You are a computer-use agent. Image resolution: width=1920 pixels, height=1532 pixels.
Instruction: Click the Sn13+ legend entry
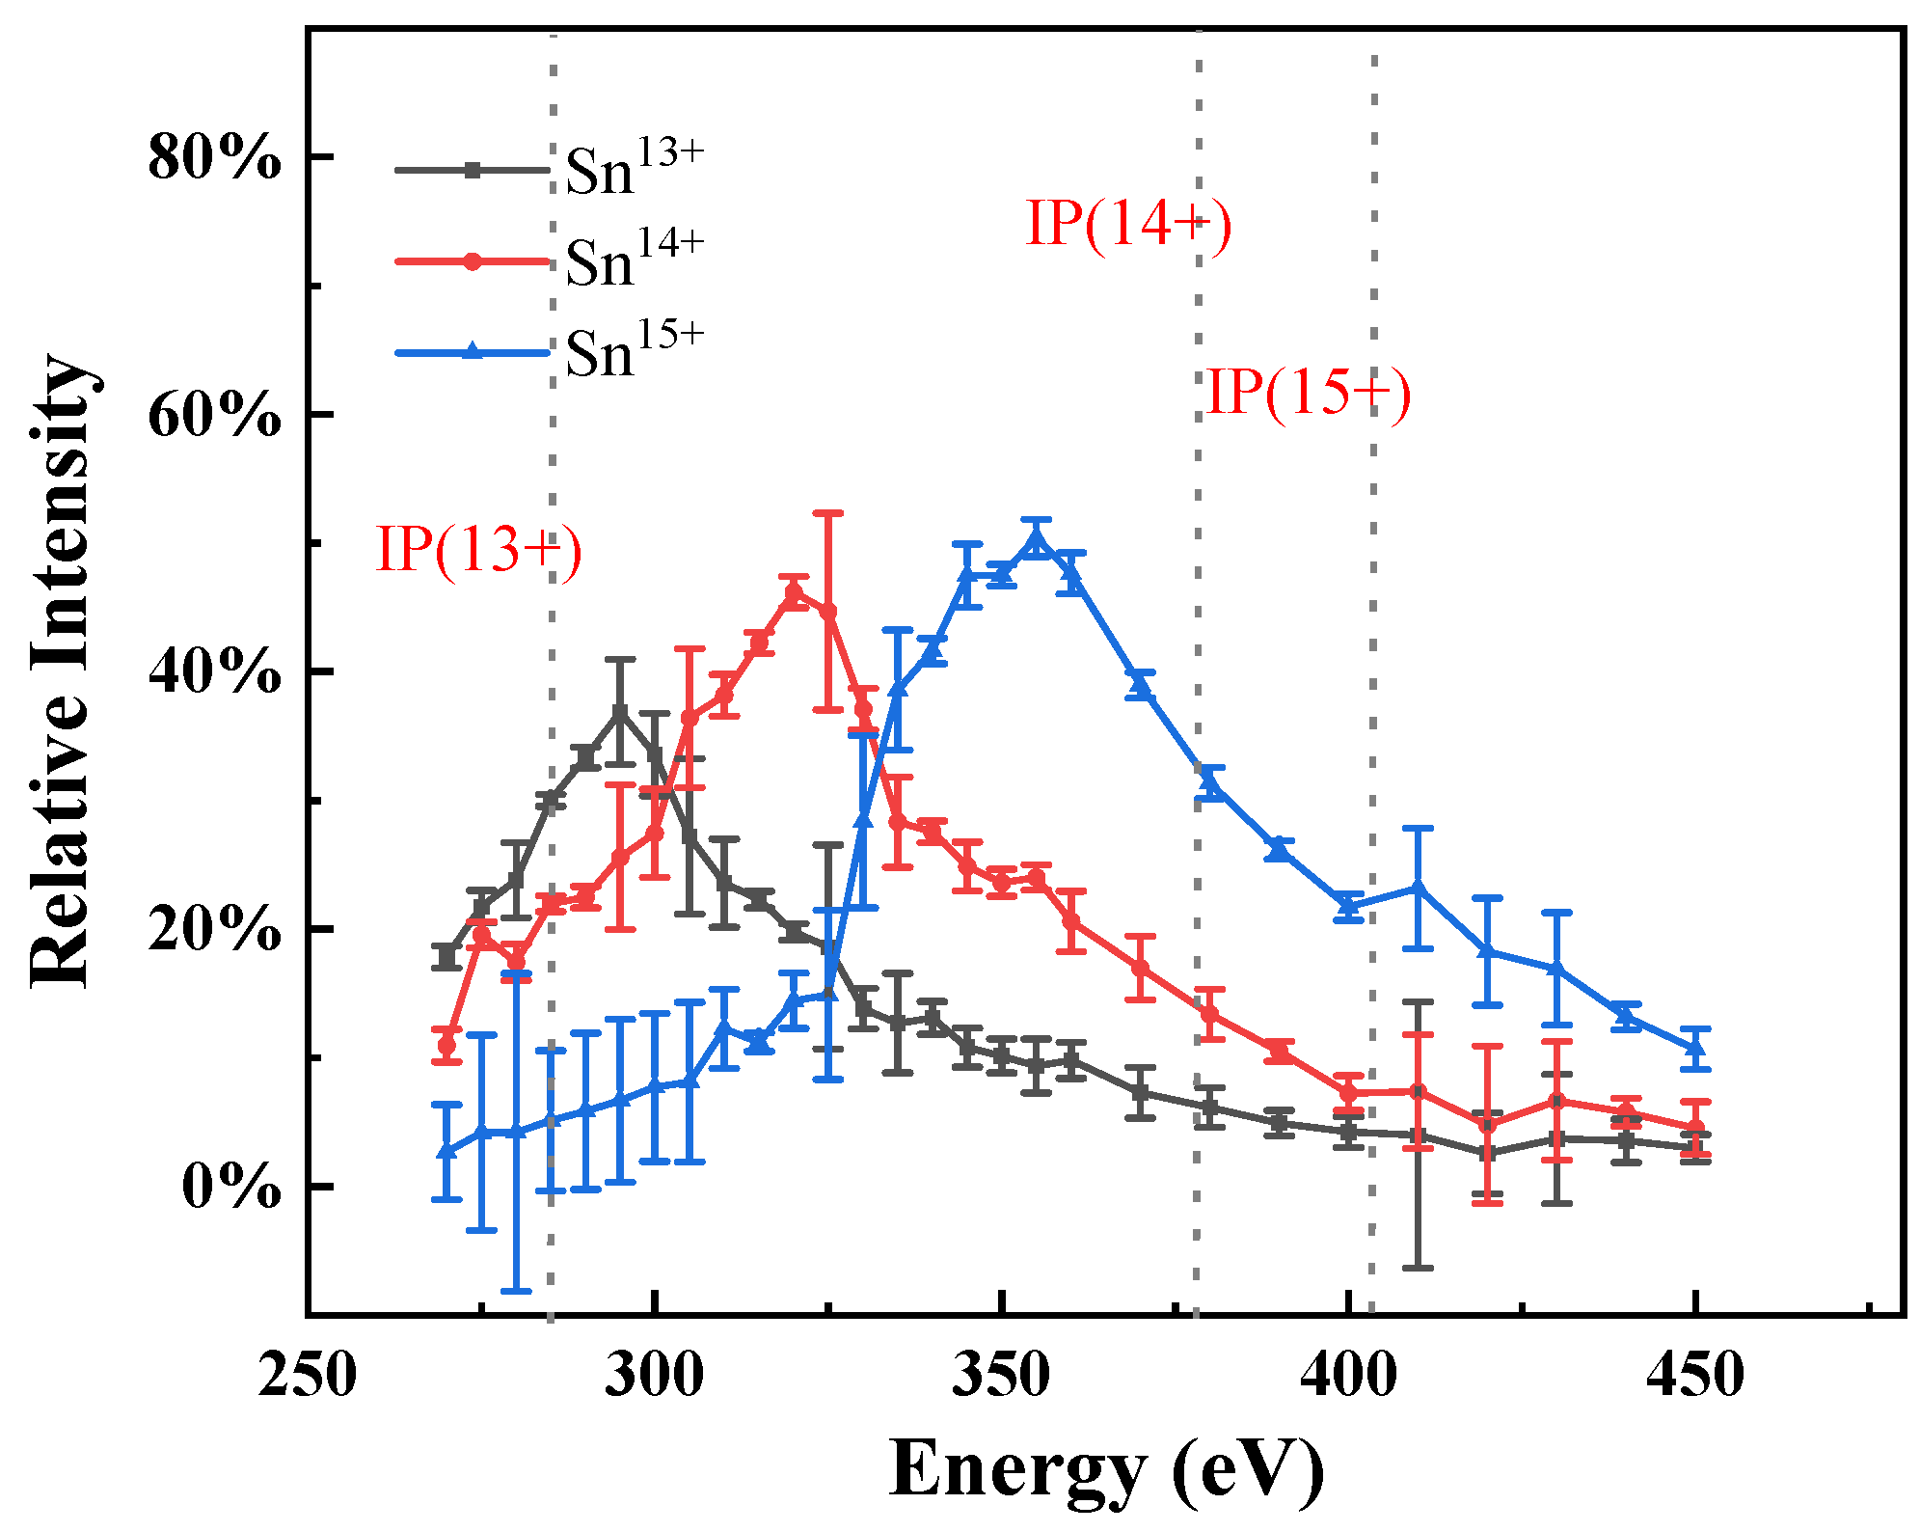click(x=550, y=170)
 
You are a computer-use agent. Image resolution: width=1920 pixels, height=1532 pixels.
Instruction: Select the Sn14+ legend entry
click(x=550, y=261)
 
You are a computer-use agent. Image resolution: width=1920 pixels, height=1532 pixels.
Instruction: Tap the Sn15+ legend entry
click(x=550, y=352)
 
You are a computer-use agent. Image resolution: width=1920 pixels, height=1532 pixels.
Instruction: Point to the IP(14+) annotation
click(x=1128, y=224)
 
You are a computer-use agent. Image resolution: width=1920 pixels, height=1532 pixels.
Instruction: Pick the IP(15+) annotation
click(x=1309, y=393)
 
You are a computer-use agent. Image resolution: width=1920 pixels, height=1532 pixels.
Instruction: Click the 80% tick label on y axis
click(x=214, y=157)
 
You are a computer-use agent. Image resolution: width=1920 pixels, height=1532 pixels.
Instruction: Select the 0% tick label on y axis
click(x=231, y=1187)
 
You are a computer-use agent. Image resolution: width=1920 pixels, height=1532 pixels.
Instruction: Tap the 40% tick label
click(x=214, y=671)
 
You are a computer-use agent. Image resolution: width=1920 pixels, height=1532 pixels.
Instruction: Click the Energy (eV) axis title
click(x=1106, y=1468)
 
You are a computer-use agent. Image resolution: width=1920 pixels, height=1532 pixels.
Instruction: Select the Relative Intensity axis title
click(x=60, y=671)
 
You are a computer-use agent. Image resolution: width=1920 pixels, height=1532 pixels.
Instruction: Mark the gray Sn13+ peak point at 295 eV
click(x=620, y=712)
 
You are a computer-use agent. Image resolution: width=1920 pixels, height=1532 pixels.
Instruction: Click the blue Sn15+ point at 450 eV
click(x=1695, y=1048)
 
